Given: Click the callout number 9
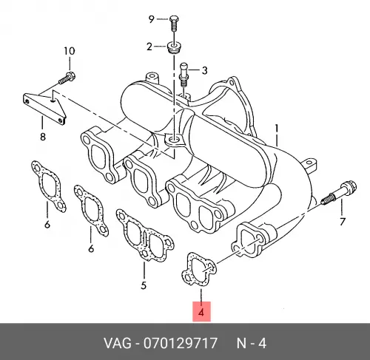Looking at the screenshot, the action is (151, 19).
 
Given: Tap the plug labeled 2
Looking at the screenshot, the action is (174, 48).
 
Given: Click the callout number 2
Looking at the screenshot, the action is (149, 47).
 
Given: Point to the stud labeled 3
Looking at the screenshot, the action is (184, 75).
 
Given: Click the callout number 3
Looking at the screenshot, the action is (204, 70).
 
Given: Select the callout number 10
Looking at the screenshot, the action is (70, 51).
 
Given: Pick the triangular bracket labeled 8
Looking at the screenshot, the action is (44, 107).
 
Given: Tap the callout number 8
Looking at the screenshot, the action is (43, 136).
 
